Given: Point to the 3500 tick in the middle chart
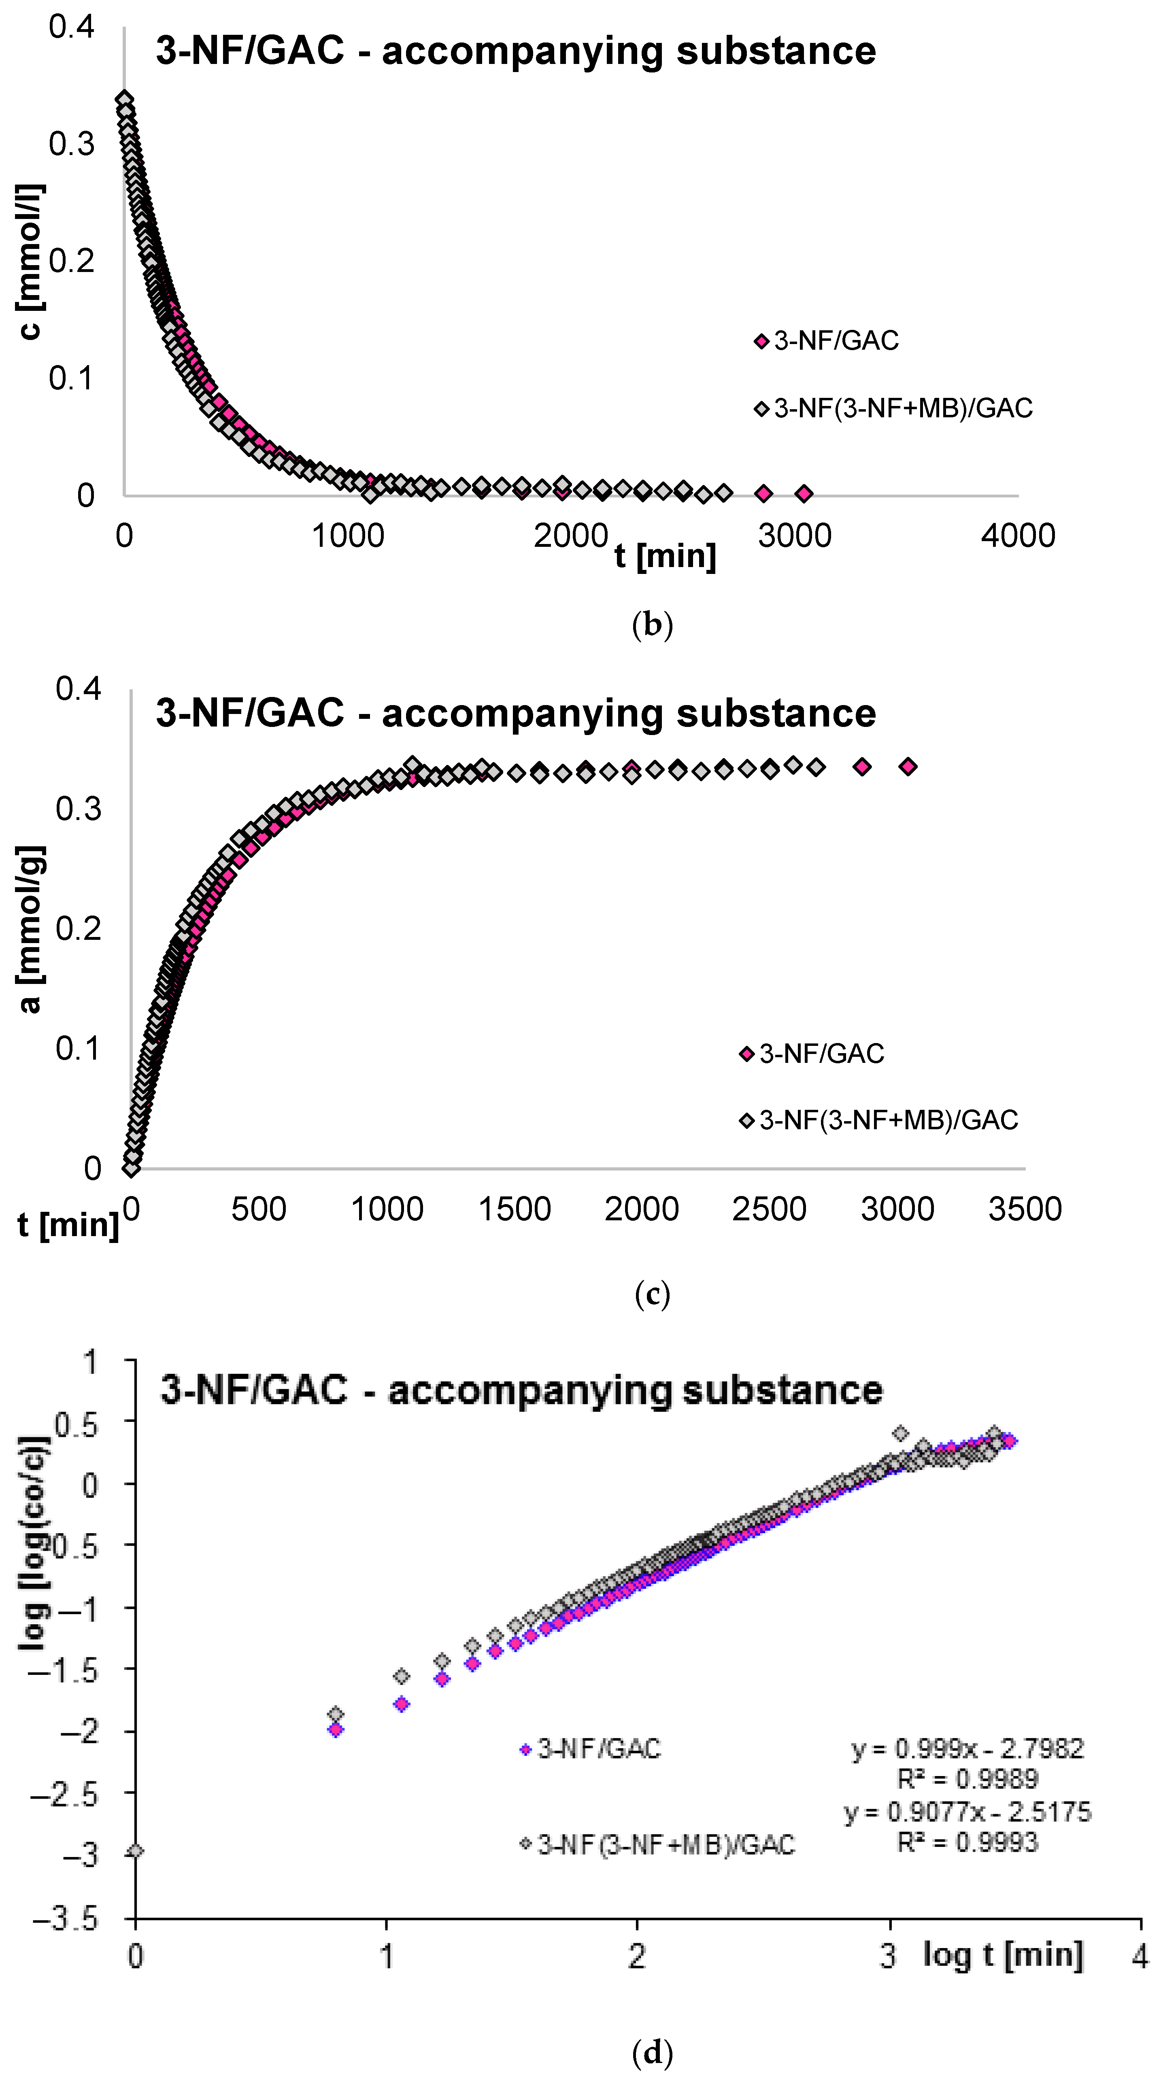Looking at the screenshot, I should [1025, 1209].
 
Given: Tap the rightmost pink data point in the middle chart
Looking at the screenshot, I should [908, 766].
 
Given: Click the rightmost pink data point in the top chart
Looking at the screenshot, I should [803, 493].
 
